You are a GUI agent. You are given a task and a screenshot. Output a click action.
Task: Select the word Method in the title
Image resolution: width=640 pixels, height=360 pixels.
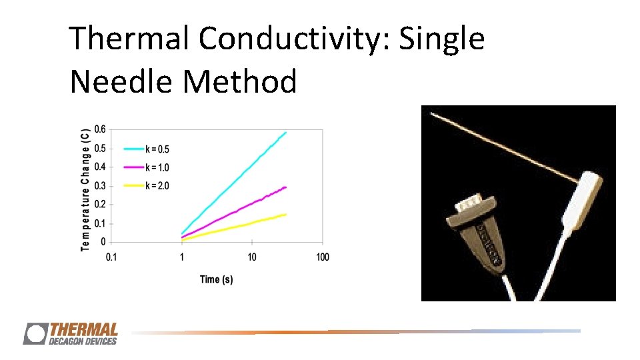pos(239,82)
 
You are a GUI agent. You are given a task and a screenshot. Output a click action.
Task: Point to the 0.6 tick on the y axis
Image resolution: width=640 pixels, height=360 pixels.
pos(99,129)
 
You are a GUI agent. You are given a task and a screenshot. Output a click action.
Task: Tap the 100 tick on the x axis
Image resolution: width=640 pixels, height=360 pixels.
pos(322,257)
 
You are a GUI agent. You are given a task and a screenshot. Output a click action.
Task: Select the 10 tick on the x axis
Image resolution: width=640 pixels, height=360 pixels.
pos(252,257)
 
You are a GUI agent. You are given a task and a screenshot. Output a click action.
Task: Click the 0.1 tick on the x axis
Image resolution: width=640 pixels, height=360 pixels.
pos(111,257)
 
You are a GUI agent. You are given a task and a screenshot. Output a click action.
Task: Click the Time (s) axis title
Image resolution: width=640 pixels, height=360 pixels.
pos(216,279)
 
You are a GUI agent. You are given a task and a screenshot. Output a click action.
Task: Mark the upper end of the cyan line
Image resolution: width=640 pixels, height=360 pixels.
pos(285,133)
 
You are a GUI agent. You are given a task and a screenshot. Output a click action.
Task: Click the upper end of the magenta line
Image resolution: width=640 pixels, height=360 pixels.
pos(285,187)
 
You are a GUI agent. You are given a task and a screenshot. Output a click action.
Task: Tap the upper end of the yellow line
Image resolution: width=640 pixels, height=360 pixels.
pos(285,215)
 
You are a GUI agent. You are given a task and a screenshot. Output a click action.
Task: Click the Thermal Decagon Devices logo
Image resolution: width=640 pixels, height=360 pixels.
pos(71,333)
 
